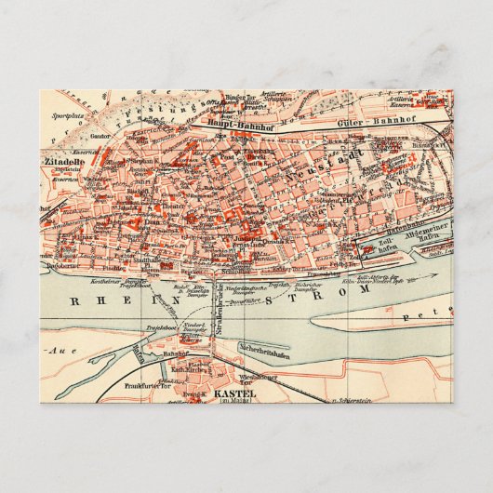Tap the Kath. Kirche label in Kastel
point(191,370)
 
